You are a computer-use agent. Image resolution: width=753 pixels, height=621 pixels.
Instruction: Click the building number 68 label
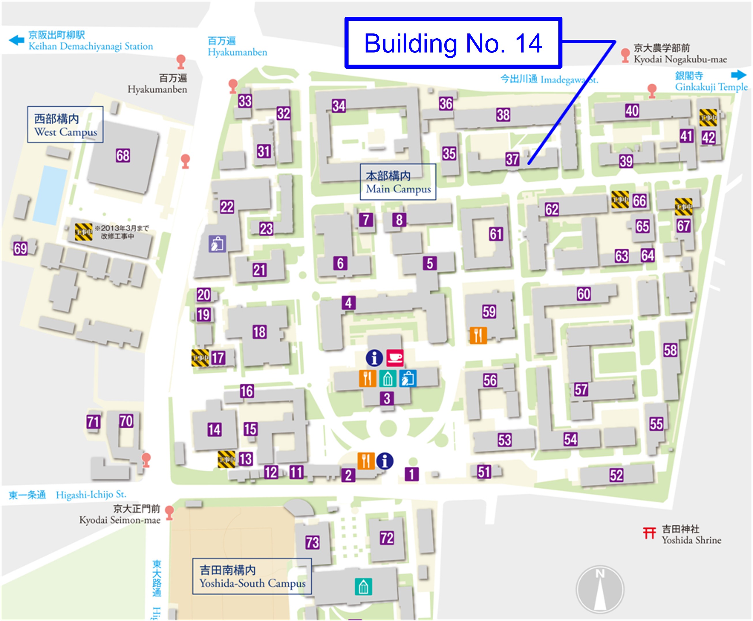[123, 155]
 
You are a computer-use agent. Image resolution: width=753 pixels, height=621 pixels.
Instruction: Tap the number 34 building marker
[339, 106]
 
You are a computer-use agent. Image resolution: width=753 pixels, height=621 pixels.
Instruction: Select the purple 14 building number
[214, 429]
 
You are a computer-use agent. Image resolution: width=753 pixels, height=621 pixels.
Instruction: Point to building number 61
[496, 234]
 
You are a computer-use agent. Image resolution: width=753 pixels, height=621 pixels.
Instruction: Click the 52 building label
[616, 475]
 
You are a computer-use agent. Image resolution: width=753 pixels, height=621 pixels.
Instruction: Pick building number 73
[312, 542]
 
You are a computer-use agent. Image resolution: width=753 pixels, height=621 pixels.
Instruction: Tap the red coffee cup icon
[395, 358]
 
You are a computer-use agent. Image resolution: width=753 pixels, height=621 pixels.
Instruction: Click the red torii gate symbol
[649, 533]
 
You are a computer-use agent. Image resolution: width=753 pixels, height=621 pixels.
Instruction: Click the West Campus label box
[65, 125]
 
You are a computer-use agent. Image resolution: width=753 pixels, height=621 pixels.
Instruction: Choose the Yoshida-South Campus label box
[252, 576]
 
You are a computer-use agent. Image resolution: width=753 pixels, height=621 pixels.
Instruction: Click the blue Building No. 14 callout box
[453, 43]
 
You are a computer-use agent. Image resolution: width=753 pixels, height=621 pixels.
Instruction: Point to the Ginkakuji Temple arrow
[739, 75]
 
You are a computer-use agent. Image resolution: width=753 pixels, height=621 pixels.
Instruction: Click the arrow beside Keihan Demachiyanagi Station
[16, 40]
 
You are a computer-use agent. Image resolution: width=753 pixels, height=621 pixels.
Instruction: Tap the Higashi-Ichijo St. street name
[91, 495]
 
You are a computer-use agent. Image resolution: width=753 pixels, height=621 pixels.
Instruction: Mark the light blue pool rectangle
[50, 195]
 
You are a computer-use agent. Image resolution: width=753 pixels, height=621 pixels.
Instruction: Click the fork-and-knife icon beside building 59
[478, 335]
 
